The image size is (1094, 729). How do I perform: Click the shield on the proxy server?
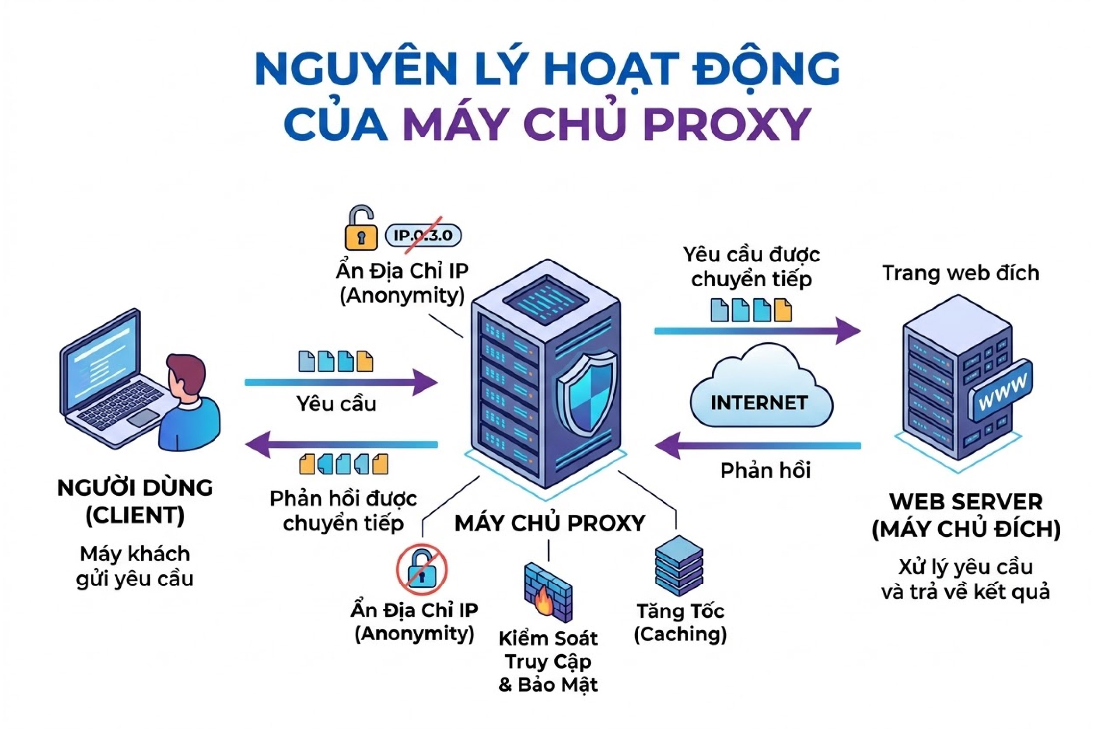click(587, 391)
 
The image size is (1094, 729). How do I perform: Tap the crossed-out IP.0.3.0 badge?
click(423, 236)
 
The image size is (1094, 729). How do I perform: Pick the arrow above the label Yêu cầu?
click(342, 382)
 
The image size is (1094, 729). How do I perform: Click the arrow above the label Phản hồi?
click(758, 445)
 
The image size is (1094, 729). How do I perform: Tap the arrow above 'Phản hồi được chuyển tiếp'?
click(342, 444)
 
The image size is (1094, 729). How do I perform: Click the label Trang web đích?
click(961, 273)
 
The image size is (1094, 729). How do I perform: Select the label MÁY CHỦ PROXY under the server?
click(549, 523)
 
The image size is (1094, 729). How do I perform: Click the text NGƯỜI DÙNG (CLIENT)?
click(135, 501)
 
